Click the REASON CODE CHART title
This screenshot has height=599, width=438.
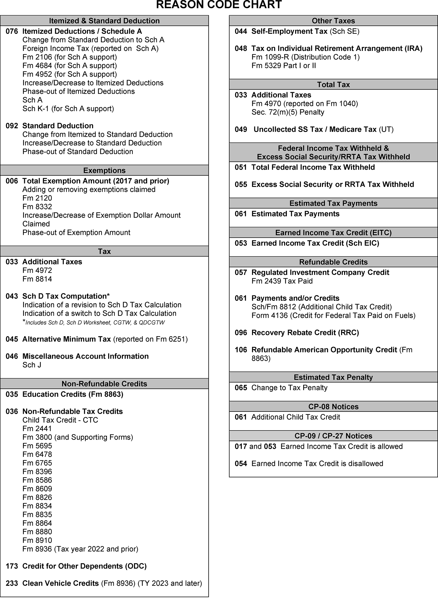point(219,5)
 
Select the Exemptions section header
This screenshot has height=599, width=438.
point(104,171)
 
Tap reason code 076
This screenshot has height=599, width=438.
point(12,31)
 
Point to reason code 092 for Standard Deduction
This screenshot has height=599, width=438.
point(12,126)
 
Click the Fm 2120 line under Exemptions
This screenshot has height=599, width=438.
point(37,198)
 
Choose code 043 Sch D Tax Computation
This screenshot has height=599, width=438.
point(12,296)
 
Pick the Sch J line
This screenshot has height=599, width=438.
point(32,365)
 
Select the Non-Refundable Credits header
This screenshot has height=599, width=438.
point(104,384)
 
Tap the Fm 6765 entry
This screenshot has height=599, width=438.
point(37,463)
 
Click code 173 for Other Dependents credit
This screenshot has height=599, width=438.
point(12,566)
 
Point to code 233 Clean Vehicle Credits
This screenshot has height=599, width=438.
point(12,583)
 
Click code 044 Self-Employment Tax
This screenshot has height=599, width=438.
point(241,31)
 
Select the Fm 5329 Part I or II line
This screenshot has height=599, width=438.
point(283,66)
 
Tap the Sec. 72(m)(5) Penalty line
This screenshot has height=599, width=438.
point(288,112)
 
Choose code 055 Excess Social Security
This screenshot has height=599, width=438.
point(241,184)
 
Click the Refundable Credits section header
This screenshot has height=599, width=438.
point(333,262)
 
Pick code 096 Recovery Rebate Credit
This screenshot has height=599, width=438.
point(241,333)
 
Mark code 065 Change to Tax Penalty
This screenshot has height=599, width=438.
point(241,388)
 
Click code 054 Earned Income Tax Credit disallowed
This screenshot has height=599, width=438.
point(241,463)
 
